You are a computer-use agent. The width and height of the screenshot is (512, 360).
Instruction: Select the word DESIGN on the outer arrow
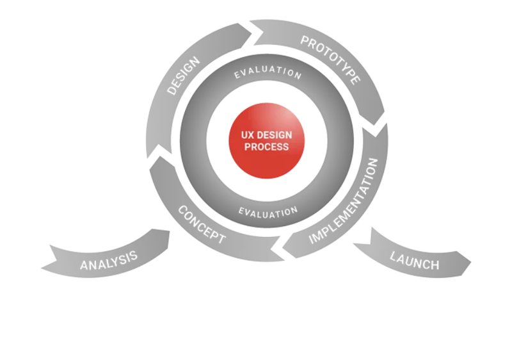tap(183, 76)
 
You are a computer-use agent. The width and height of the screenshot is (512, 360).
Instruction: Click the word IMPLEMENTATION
tap(348, 200)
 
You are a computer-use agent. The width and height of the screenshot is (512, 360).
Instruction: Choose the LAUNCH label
tap(415, 261)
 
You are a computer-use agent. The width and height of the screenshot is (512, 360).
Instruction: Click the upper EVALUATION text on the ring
tap(268, 73)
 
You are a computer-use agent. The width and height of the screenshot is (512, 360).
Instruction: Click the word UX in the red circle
tap(248, 136)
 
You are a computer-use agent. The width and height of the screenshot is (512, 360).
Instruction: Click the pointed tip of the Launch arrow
tap(470, 263)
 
